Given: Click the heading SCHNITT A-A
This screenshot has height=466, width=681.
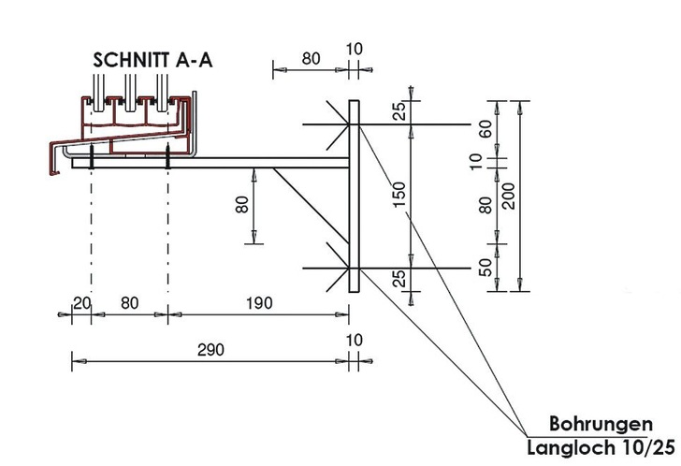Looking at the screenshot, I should pos(153,58).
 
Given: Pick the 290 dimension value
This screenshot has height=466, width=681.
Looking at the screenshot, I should pos(211,348).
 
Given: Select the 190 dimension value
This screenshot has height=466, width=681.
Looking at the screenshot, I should pos(258,302).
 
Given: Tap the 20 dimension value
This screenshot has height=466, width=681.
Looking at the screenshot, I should pos(81,302).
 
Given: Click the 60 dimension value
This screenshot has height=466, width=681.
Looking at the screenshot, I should pos(485,129).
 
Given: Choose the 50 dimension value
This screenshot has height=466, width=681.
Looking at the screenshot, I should pos(485,266).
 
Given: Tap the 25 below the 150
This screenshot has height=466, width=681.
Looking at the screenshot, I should pos(399,277).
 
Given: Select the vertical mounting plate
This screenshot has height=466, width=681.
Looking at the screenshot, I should pos(354,197).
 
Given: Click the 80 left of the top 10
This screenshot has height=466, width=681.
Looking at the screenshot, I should pos(312,58).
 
